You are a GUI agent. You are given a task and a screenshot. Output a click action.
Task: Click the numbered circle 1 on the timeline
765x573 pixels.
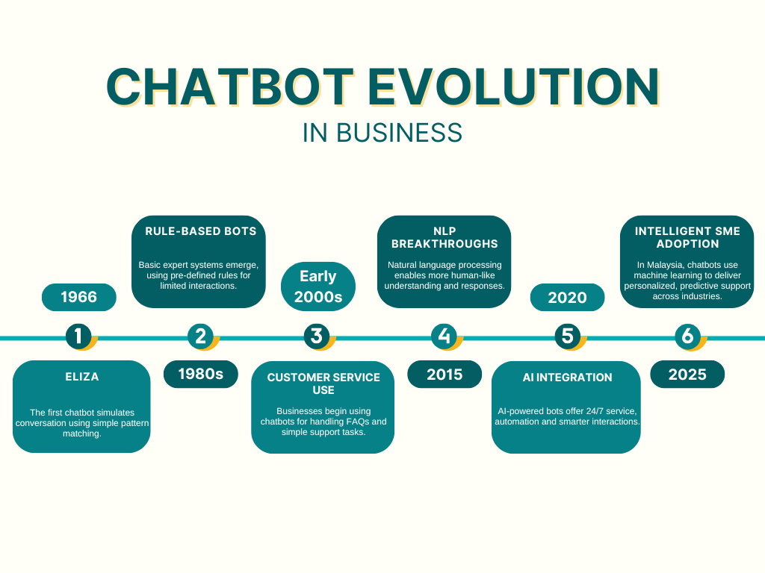pyautogui.click(x=78, y=336)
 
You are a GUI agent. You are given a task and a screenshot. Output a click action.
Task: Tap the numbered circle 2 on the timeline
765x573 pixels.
pyautogui.click(x=200, y=336)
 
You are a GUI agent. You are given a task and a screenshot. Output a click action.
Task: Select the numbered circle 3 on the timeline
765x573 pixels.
pyautogui.click(x=317, y=336)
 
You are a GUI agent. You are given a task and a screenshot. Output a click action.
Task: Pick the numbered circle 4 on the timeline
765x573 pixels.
pyautogui.click(x=444, y=336)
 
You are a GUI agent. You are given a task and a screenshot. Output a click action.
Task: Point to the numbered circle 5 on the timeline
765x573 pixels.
pyautogui.click(x=568, y=336)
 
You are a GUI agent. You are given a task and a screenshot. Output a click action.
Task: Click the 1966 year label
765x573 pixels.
pyautogui.click(x=79, y=297)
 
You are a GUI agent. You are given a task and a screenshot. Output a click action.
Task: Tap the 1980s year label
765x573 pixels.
pyautogui.click(x=200, y=374)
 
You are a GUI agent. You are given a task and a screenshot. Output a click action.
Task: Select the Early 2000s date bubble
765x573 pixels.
pyautogui.click(x=318, y=286)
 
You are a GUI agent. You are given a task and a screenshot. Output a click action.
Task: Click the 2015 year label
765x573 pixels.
pyautogui.click(x=445, y=374)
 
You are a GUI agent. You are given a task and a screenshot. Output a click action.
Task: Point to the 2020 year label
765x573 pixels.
pyautogui.click(x=567, y=298)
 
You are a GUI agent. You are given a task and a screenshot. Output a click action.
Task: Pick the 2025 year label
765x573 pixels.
pyautogui.click(x=687, y=374)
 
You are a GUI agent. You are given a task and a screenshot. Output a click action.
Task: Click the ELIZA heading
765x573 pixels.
pyautogui.click(x=82, y=377)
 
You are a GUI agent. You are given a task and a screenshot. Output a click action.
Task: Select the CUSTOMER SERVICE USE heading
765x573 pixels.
pyautogui.click(x=323, y=383)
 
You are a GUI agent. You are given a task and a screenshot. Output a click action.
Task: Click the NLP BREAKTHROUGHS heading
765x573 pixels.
pyautogui.click(x=444, y=237)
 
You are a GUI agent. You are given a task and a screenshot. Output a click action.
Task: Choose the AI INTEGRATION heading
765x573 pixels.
pyautogui.click(x=567, y=378)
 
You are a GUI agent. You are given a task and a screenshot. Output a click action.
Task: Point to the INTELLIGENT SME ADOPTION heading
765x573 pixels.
pyautogui.click(x=687, y=237)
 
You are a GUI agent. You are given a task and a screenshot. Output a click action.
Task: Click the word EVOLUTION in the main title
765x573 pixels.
pyautogui.click(x=514, y=87)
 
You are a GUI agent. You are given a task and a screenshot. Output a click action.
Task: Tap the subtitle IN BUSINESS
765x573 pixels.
pyautogui.click(x=382, y=132)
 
